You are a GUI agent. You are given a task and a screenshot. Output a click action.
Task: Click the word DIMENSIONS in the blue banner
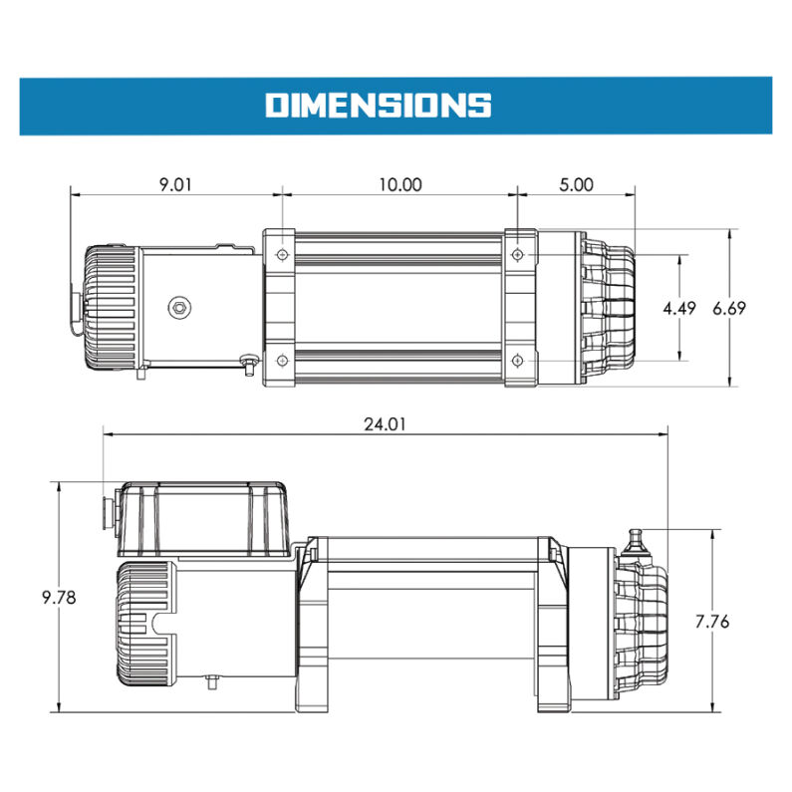pyautogui.click(x=378, y=105)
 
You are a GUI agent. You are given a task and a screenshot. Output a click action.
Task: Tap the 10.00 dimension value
pyautogui.click(x=398, y=184)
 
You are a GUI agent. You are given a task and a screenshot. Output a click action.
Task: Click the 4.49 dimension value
pyautogui.click(x=678, y=308)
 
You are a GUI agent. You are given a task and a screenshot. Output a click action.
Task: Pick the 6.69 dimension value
pyautogui.click(x=730, y=308)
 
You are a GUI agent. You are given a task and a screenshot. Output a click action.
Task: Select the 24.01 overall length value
pyautogui.click(x=385, y=423)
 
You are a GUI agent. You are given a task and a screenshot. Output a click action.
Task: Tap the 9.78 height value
pyautogui.click(x=59, y=598)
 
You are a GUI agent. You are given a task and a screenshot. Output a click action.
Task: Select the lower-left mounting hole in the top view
pyautogui.click(x=282, y=359)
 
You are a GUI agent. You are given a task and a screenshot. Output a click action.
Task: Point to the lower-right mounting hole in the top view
pyautogui.click(x=517, y=359)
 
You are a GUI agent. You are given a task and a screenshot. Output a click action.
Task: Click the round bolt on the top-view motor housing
pyautogui.click(x=178, y=308)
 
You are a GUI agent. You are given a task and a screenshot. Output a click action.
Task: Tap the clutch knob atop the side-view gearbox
pyautogui.click(x=637, y=543)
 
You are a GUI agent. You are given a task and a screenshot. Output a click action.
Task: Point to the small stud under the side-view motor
pyautogui.click(x=211, y=682)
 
